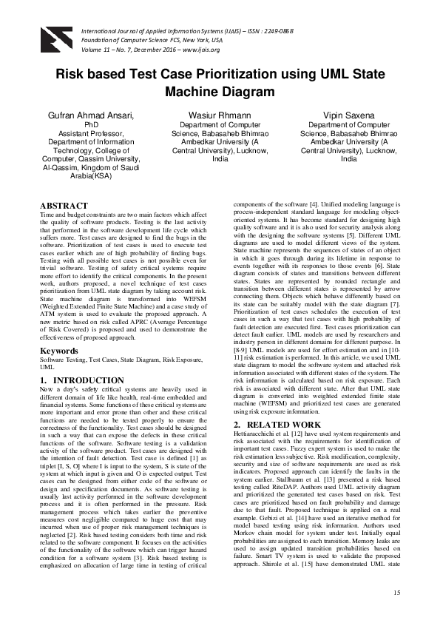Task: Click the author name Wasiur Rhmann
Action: point(220,116)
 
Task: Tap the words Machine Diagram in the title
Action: point(220,92)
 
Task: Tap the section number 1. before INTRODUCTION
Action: point(44,380)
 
